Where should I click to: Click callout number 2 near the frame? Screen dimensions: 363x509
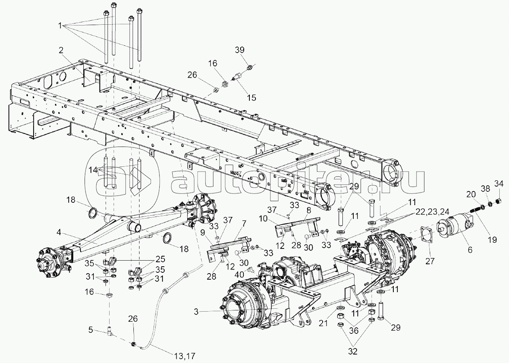61,51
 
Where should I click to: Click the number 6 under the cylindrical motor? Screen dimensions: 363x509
469,250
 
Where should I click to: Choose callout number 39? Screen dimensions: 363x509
240,50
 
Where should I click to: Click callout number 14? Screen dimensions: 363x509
93,170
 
